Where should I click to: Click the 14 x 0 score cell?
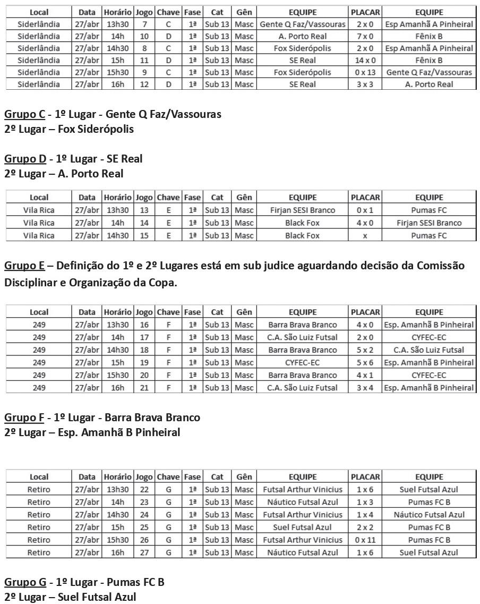(365, 60)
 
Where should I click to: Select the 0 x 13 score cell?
(365, 72)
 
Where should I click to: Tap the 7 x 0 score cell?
(365, 36)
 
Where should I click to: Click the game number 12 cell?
(144, 84)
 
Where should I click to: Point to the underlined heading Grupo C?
(24, 114)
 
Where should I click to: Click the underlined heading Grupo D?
(25, 159)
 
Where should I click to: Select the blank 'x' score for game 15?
(365, 235)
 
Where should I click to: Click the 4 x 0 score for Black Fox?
(365, 223)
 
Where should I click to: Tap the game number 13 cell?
(144, 210)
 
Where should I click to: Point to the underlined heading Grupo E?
(24, 266)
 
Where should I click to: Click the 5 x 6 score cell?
(365, 362)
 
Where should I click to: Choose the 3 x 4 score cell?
(365, 388)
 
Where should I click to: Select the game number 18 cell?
(144, 350)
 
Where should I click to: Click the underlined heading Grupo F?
(24, 418)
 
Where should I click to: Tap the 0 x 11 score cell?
(365, 540)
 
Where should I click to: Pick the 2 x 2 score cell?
(365, 527)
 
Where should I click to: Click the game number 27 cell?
(144, 552)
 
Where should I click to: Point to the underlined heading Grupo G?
(25, 582)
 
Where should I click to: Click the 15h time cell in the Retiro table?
(117, 527)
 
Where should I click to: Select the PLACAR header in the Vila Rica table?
(365, 198)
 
